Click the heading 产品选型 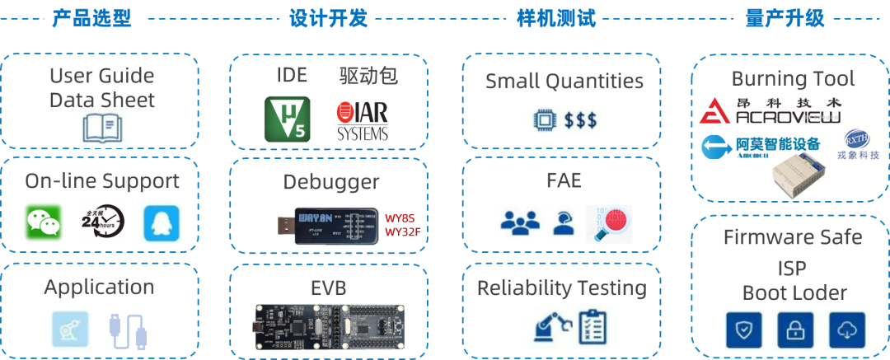click(91, 17)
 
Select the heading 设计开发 click(328, 17)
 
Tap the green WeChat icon click(44, 222)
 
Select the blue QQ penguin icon click(157, 222)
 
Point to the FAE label click(564, 180)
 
